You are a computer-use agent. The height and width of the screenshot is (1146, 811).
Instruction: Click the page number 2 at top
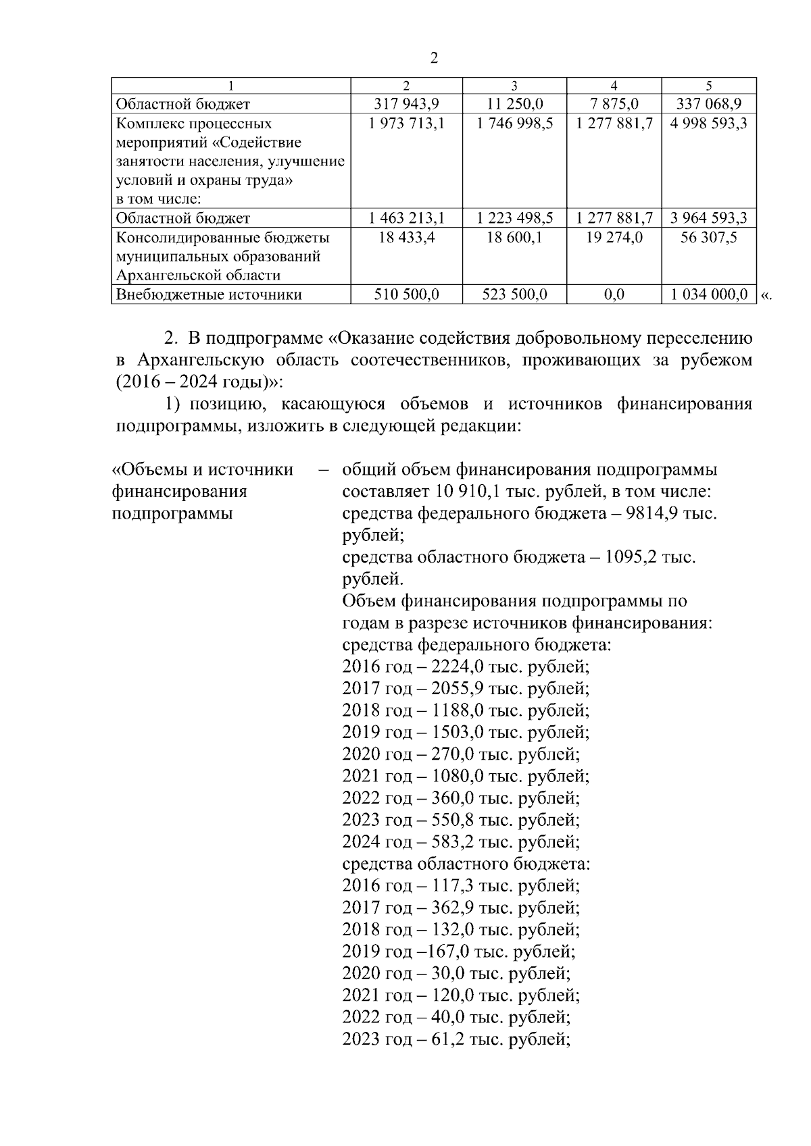[434, 58]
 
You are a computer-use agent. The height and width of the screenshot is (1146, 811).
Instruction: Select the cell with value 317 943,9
[406, 104]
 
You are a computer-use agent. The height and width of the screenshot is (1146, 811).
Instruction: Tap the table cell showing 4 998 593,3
[708, 124]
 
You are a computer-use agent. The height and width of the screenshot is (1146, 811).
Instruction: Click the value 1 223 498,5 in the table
[514, 218]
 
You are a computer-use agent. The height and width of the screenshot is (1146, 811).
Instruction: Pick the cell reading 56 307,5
[708, 238]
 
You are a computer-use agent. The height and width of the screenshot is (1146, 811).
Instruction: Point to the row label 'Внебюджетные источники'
[209, 294]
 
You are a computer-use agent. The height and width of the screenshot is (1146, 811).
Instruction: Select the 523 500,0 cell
[514, 294]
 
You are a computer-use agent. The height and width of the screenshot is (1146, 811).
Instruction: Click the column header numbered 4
[614, 86]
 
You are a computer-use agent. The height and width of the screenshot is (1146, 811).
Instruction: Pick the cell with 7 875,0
[614, 104]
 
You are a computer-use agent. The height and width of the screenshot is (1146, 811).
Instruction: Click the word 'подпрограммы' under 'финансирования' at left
[172, 513]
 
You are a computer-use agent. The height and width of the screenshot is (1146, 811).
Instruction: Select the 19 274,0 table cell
[614, 238]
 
